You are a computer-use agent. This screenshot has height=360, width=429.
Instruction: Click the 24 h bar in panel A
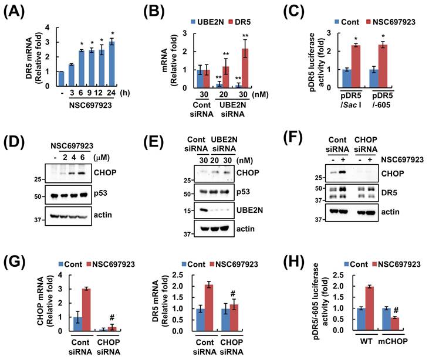tap(112, 64)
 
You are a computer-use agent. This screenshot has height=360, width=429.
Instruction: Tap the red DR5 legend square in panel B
tap(231, 22)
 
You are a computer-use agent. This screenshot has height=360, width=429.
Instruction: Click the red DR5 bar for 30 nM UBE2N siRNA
tap(245, 69)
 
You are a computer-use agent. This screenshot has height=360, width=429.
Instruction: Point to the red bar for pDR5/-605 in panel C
tap(383, 66)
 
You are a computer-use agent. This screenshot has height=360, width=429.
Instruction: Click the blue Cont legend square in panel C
tap(337, 22)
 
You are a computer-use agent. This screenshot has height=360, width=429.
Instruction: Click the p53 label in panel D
tap(100, 193)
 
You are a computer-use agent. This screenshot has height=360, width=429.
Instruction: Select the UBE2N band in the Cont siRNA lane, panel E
tap(203, 210)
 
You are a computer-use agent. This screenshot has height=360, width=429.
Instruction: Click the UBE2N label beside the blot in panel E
tap(249, 210)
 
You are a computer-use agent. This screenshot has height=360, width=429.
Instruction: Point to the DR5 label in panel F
tap(389, 193)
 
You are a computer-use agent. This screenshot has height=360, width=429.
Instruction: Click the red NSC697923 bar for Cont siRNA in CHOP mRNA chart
tap(86, 310)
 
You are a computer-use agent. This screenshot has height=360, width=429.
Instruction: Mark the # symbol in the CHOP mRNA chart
tap(112, 317)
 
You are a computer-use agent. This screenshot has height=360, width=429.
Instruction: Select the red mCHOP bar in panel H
tap(395, 324)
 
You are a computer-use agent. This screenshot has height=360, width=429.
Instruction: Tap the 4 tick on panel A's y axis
tap(48, 28)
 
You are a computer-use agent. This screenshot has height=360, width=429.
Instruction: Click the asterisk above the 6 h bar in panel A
tap(82, 43)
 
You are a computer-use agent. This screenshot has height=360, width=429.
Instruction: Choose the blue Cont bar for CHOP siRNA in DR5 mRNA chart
tap(225, 320)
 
